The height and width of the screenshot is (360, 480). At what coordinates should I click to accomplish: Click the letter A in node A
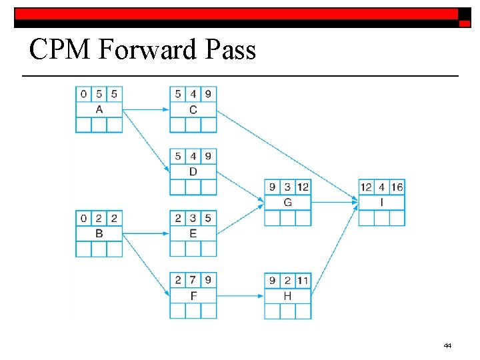tap(99, 109)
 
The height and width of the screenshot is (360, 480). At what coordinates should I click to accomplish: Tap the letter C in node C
tap(193, 109)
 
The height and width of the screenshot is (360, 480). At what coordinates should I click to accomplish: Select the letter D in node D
tap(193, 171)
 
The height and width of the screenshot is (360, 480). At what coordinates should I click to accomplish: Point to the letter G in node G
tap(287, 202)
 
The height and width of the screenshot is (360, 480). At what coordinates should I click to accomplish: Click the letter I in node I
tap(382, 202)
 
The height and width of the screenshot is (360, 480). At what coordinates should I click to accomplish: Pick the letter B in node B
tap(99, 233)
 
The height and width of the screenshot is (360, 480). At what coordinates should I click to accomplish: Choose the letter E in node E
tap(193, 233)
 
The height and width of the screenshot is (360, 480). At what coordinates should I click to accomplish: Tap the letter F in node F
tap(193, 295)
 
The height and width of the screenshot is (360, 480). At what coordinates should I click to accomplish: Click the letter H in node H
tap(287, 295)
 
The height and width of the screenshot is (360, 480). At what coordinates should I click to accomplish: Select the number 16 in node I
tap(397, 187)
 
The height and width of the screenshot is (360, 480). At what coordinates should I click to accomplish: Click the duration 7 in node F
tap(193, 280)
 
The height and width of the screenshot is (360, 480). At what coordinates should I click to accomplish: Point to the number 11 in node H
tap(303, 280)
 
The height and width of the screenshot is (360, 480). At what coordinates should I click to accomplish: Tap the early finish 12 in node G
tap(303, 187)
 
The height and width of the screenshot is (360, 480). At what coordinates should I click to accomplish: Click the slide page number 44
tap(447, 345)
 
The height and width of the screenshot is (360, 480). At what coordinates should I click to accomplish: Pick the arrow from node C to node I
tap(287, 154)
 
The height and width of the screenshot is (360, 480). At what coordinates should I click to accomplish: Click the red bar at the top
tap(237, 13)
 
